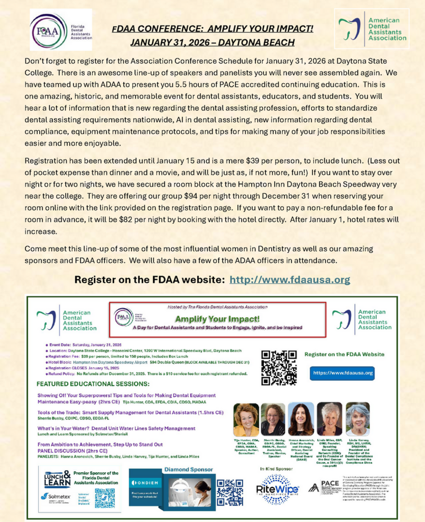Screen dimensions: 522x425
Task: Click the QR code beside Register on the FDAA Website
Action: (x=278, y=367)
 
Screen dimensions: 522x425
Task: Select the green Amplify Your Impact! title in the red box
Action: (x=217, y=319)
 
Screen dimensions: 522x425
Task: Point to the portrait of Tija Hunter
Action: (x=246, y=420)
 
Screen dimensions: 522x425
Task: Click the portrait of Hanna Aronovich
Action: (x=301, y=419)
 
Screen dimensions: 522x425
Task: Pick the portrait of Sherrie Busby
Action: (x=273, y=420)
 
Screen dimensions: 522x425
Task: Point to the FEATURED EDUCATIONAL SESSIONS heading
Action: (x=93, y=384)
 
